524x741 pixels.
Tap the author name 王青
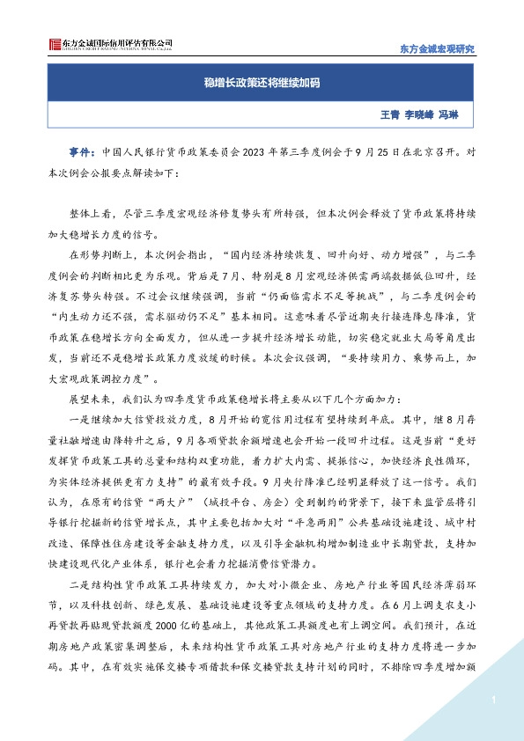pyautogui.click(x=389, y=114)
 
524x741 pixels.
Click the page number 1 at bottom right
pyautogui.click(x=496, y=700)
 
